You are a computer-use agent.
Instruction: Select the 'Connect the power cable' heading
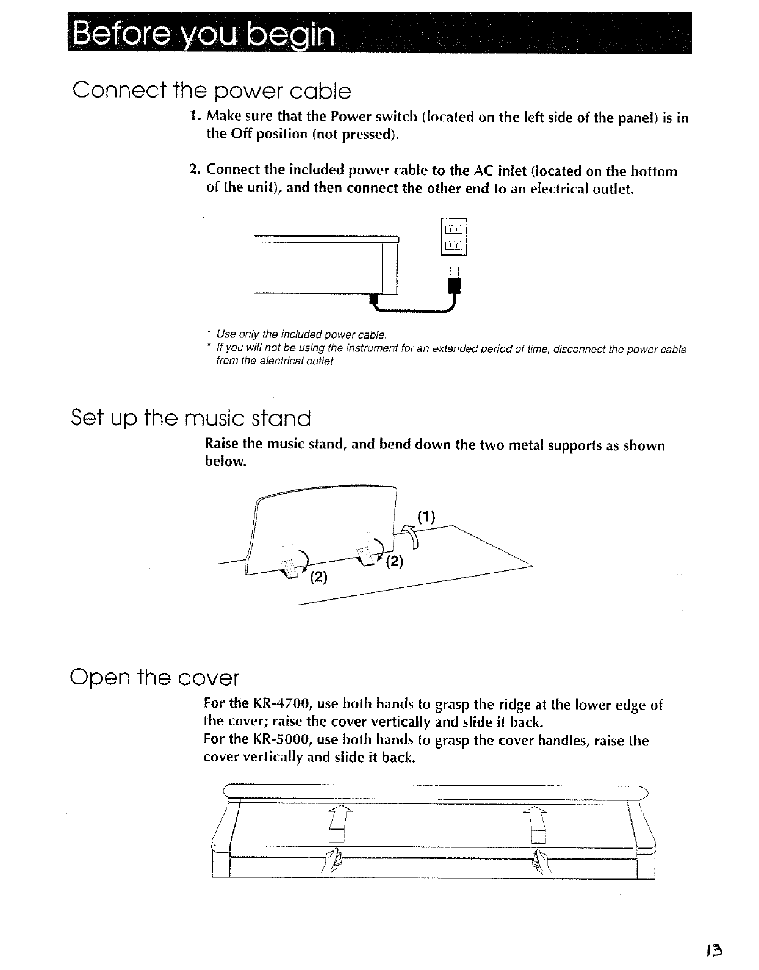[x=212, y=92]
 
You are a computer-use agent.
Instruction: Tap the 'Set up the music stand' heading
[x=191, y=419]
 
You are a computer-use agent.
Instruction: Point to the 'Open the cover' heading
[x=155, y=677]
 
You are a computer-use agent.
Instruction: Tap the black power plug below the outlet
[x=455, y=286]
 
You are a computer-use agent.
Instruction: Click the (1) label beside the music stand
[x=426, y=517]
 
